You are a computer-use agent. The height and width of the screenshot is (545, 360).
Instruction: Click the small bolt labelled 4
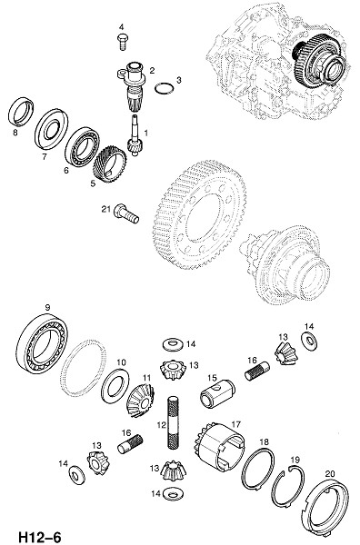coord(123,42)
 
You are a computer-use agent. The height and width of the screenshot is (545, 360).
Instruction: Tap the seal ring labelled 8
coord(21,112)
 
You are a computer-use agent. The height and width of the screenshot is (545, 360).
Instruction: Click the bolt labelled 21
coord(126,213)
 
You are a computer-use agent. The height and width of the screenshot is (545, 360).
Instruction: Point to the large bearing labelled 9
coord(42,343)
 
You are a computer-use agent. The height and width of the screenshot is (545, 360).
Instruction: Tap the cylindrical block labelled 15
coord(217,393)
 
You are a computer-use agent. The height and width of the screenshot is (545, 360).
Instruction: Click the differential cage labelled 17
coord(219,446)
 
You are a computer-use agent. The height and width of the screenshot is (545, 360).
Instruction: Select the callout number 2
coord(152,70)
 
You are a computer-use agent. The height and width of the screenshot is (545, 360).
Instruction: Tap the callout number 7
coord(45,157)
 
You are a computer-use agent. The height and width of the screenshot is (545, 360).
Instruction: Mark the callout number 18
coord(264,441)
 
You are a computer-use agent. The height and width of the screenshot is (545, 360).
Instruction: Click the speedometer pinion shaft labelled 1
coord(135,134)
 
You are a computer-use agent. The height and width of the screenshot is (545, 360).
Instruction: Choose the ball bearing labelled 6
coord(83,146)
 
